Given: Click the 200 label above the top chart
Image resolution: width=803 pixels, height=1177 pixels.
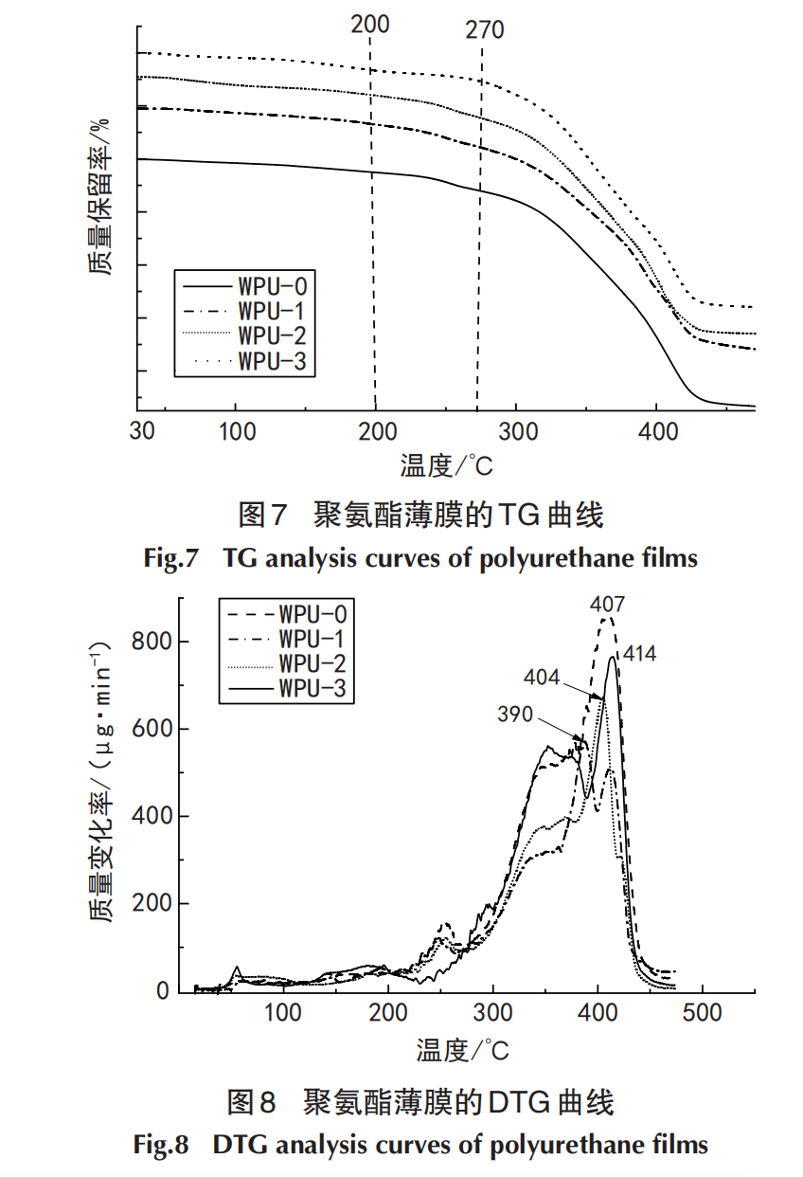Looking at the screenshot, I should coord(369,25).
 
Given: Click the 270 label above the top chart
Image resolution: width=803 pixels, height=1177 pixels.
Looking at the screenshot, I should coord(484,30).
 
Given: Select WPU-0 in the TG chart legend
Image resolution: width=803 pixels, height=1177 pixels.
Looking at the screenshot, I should coord(273,284).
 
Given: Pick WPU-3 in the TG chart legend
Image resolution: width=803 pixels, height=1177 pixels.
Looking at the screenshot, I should coord(273,361).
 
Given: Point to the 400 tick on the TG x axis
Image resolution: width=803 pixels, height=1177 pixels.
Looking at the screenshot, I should coord(658,431).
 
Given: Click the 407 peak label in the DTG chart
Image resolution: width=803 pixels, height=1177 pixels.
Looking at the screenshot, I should coord(608,604).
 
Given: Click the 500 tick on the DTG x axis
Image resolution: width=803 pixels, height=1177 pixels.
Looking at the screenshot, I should coord(702,1013).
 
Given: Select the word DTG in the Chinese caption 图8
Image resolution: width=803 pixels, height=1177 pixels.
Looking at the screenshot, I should coord(518,1102).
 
